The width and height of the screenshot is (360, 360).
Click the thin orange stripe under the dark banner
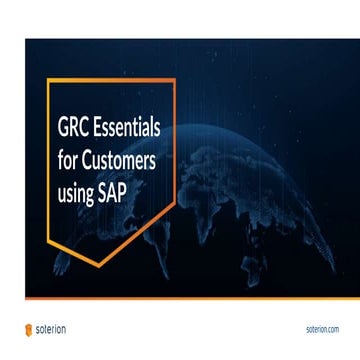[x=190, y=299]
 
